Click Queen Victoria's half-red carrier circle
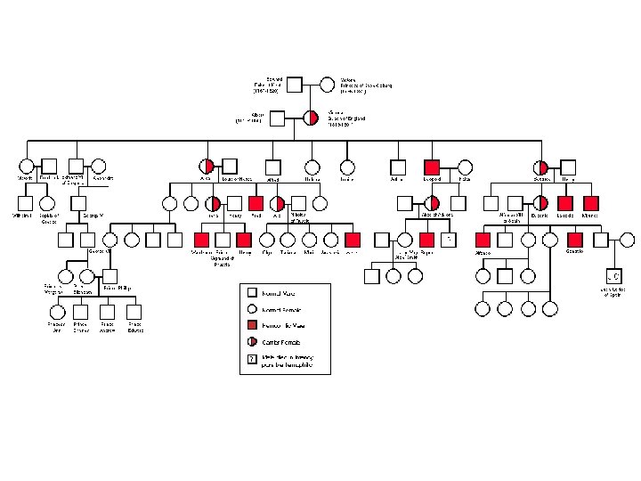coord(311,118)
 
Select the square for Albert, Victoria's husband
coord(277,118)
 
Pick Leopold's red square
coord(432,167)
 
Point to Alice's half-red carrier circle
coord(207,167)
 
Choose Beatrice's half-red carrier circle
coord(540,167)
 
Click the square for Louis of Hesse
coord(229,167)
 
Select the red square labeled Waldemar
coord(201,239)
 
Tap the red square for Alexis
coord(353,239)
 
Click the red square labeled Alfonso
coord(483,239)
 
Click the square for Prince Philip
coord(110,274)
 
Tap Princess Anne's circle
coord(57,311)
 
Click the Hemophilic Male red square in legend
coord(252,325)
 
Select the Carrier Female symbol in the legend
coord(252,342)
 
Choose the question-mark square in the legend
coord(252,359)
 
